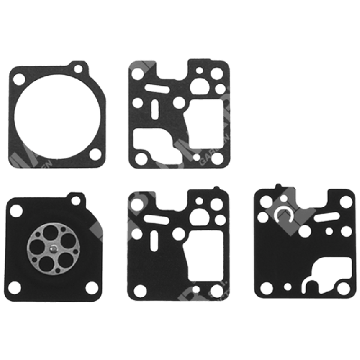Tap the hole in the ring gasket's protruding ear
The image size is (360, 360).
coord(76,68)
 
